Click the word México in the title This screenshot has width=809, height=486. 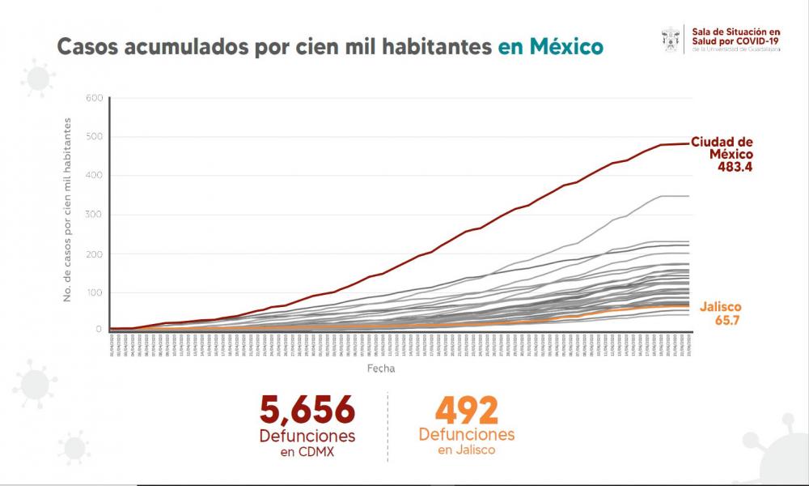point(566,46)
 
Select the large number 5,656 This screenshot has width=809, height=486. point(307,410)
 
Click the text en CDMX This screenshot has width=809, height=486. point(307,451)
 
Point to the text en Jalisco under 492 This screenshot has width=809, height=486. point(467,450)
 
